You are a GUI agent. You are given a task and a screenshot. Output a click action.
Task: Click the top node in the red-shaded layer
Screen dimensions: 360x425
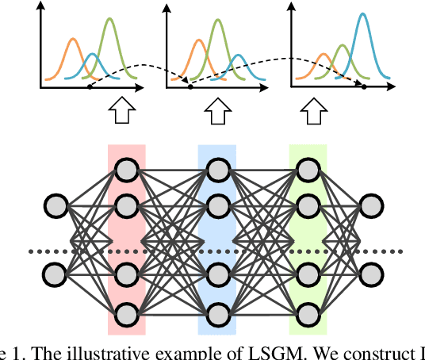[x=126, y=168]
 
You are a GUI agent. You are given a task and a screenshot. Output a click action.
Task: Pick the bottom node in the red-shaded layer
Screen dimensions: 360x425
[x=126, y=313]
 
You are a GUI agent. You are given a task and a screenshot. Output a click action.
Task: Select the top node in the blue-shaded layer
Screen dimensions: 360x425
[x=217, y=168]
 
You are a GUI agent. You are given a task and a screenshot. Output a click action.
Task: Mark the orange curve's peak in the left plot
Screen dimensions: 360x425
[x=72, y=39]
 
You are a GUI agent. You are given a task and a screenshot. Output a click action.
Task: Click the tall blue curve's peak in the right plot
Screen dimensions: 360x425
[x=362, y=15]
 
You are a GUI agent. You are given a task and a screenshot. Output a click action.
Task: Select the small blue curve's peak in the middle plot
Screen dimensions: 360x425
[x=239, y=56]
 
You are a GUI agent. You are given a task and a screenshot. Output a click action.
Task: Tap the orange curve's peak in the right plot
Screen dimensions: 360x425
[x=324, y=55]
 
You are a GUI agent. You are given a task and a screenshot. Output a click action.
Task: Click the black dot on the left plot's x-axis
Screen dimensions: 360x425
[x=89, y=85]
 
